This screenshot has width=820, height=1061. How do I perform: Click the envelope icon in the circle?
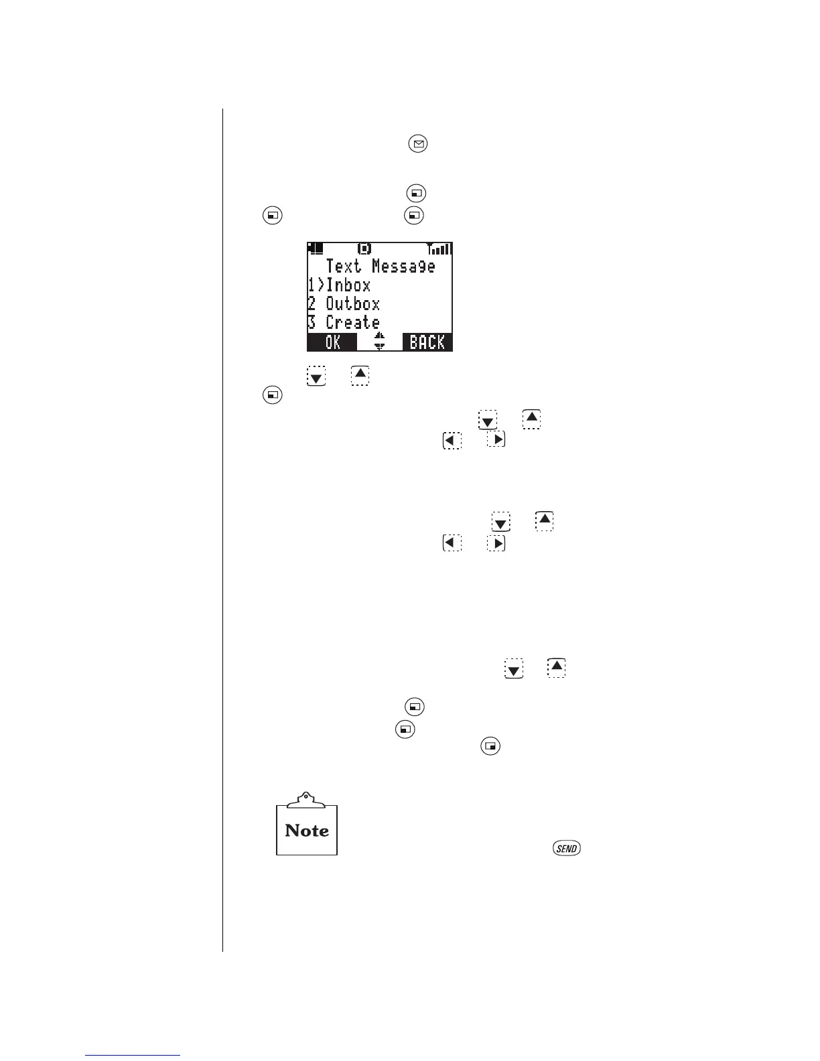click(x=418, y=144)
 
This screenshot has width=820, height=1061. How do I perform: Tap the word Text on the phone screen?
click(x=343, y=267)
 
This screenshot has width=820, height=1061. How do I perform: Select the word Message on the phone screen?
click(x=403, y=267)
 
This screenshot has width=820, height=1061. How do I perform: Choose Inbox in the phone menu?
click(x=348, y=285)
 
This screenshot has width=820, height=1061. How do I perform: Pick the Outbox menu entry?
click(x=352, y=304)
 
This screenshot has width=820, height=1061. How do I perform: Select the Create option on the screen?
click(x=352, y=323)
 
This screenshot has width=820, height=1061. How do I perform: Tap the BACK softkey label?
click(x=427, y=342)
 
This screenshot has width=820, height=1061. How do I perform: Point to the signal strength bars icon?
click(x=439, y=249)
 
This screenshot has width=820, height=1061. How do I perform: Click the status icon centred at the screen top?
click(x=364, y=249)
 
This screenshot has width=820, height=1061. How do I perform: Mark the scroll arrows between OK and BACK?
click(x=379, y=342)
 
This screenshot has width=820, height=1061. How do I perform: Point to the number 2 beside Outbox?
click(x=312, y=304)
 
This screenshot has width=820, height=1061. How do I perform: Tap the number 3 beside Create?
click(x=312, y=323)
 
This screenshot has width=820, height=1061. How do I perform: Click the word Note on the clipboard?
click(x=307, y=831)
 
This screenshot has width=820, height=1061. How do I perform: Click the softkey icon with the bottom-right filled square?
click(x=491, y=746)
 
